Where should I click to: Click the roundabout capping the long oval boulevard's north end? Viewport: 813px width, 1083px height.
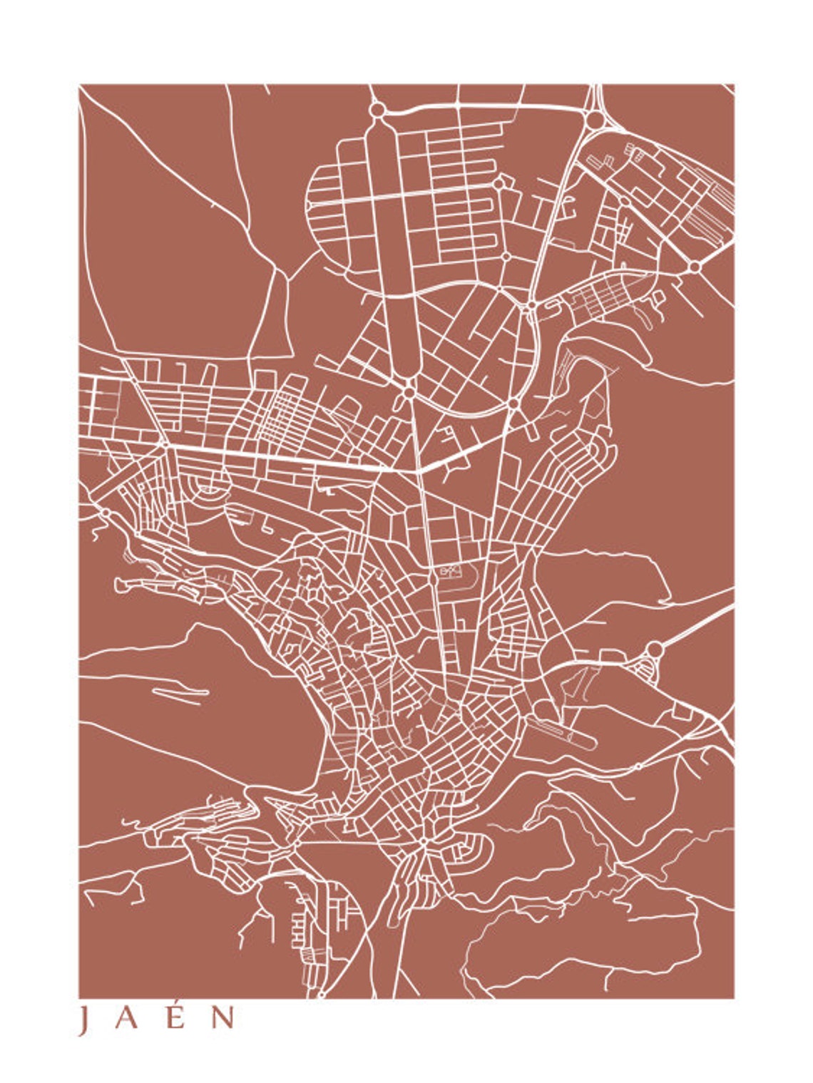(377, 111)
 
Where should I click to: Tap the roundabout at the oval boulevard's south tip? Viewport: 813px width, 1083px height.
(408, 391)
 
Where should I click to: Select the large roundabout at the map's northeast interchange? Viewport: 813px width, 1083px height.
(593, 120)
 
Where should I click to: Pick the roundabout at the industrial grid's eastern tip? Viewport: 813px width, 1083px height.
(694, 267)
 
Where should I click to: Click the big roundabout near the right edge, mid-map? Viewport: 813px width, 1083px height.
(654, 650)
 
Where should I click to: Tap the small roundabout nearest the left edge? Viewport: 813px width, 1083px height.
(106, 512)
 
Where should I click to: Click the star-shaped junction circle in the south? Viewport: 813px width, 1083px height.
(424, 842)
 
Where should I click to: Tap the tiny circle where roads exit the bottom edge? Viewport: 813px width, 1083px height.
(321, 992)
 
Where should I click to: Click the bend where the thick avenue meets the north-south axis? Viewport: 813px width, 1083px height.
(419, 470)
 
